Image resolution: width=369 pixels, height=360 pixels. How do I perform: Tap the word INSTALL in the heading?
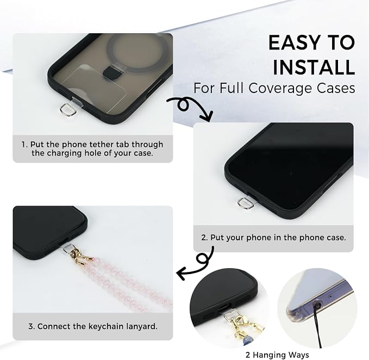pos(314,67)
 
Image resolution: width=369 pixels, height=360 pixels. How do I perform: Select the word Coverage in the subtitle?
pos(280,88)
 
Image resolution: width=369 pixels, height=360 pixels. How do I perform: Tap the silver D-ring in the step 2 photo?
pos(246,203)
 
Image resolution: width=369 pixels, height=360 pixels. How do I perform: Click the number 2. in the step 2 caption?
pos(204,237)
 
